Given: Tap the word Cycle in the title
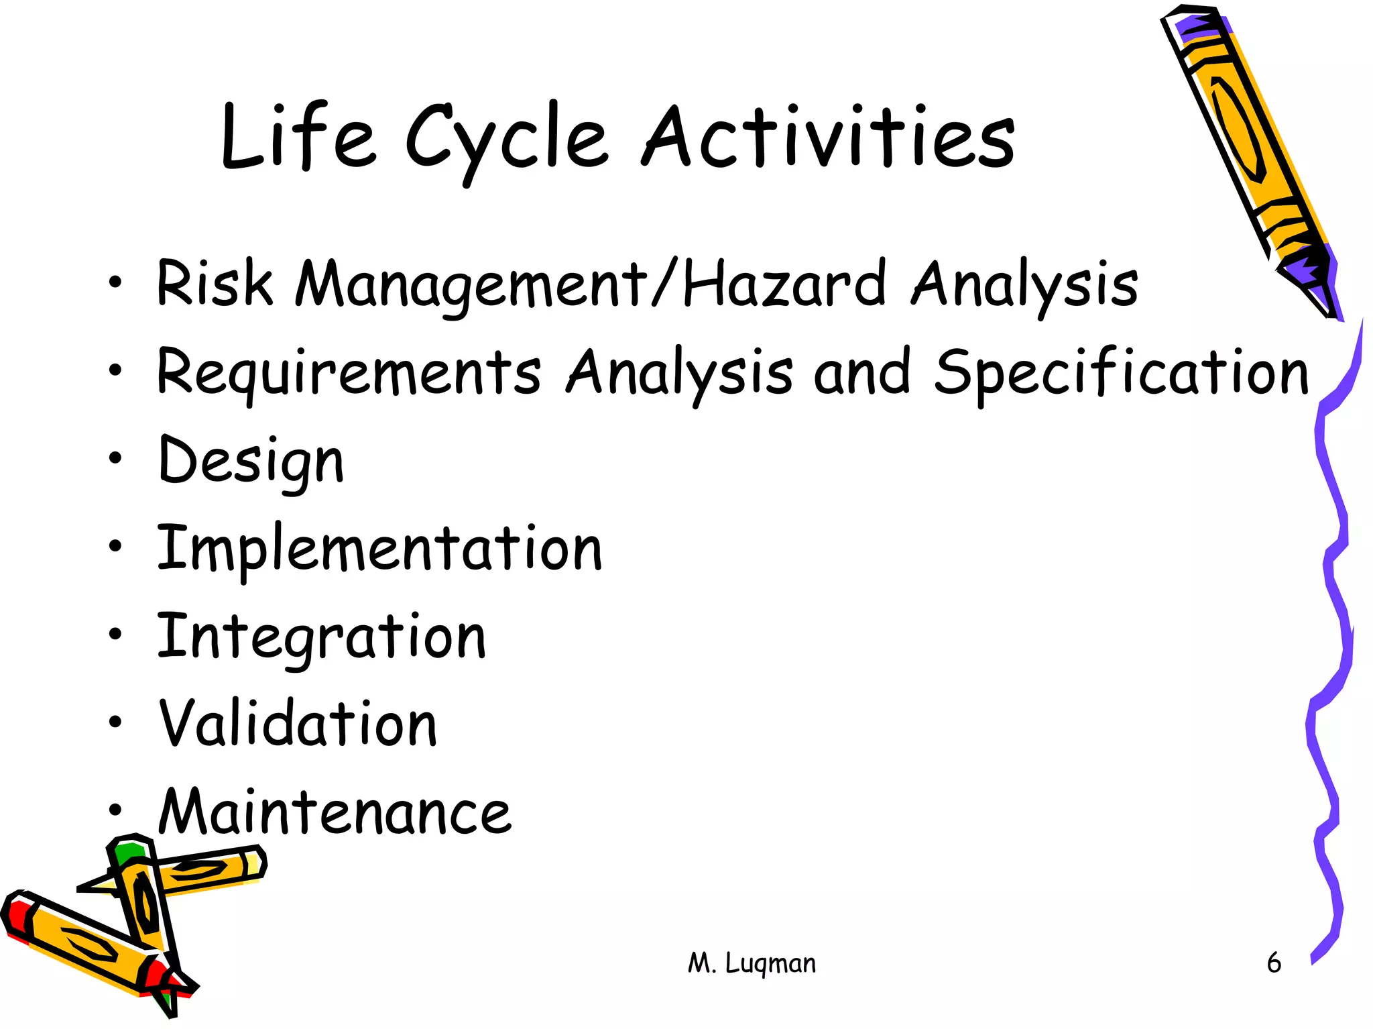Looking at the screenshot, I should pyautogui.click(x=506, y=141).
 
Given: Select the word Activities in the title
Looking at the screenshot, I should pyautogui.click(x=828, y=138).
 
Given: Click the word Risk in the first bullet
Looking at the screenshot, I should pyautogui.click(x=215, y=284).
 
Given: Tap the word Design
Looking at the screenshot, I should pyautogui.click(x=251, y=462).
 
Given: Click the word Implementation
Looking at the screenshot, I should pyautogui.click(x=379, y=549).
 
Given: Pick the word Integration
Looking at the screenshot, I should pyautogui.click(x=321, y=637).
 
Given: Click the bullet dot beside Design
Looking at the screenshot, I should pyautogui.click(x=116, y=459).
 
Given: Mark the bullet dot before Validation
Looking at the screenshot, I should pyautogui.click(x=116, y=722).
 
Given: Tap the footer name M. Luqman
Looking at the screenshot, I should pyautogui.click(x=752, y=963).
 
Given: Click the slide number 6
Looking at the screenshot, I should pyautogui.click(x=1274, y=963).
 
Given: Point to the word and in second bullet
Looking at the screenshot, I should pyautogui.click(x=862, y=373).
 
